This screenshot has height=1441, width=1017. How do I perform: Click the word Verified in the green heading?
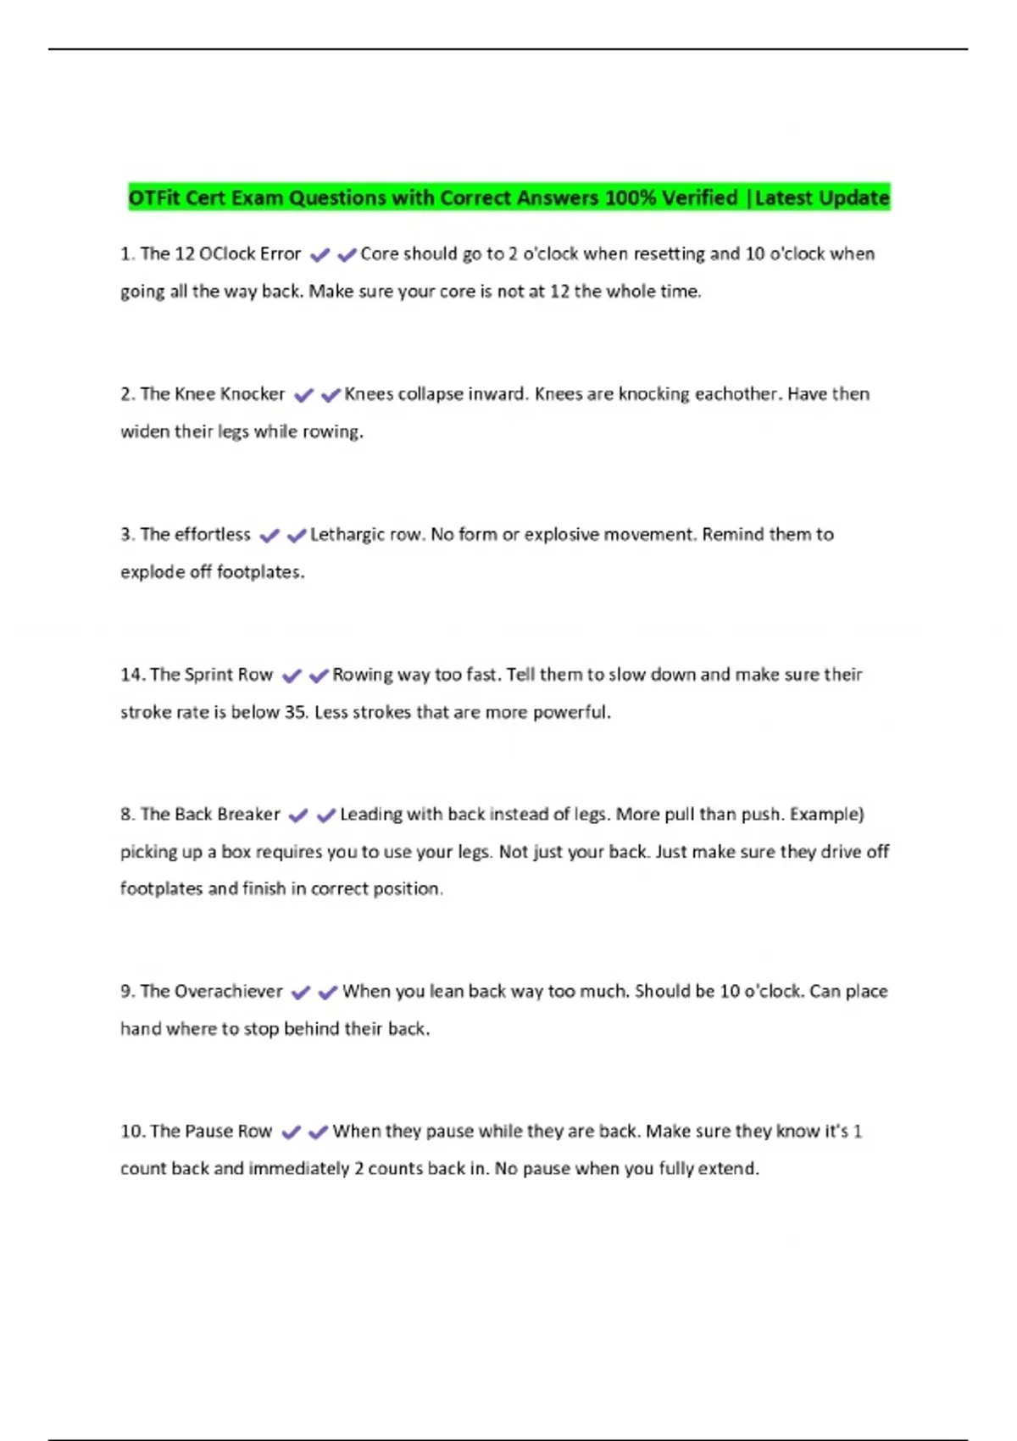[x=699, y=198]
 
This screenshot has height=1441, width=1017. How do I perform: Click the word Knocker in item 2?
[x=253, y=394]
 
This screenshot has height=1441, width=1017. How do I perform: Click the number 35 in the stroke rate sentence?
[x=294, y=712]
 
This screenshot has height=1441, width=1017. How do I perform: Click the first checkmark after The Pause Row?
[x=291, y=1132]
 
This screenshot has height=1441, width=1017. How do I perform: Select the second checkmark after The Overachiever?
[x=328, y=993]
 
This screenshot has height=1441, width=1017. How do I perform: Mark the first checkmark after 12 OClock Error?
[x=320, y=255]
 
